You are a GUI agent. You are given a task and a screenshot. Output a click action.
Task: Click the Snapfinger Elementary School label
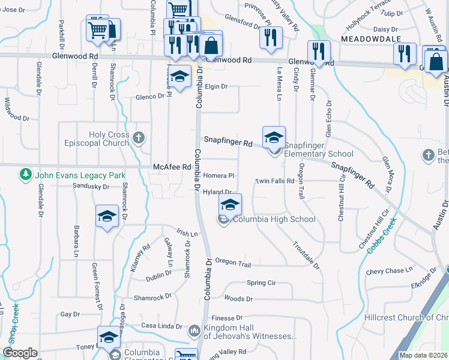pos(319,149)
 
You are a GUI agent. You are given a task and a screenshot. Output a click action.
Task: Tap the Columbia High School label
pos(274,219)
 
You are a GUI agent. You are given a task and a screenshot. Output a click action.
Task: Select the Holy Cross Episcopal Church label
pos(109,139)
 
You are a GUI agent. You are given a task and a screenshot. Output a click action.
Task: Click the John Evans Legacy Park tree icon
pos(25,175)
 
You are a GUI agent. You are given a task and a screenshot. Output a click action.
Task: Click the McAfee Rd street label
pos(172,167)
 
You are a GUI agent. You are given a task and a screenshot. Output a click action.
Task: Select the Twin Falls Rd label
pos(274,181)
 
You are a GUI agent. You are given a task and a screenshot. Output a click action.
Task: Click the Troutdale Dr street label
pos(306,254)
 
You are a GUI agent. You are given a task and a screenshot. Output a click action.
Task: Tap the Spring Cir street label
pos(261,283)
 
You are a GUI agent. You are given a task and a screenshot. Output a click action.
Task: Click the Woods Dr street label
pos(238,298)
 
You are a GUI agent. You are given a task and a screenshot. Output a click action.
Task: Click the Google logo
pos(20,353)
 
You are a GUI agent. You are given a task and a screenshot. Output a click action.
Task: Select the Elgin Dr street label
pos(216,86)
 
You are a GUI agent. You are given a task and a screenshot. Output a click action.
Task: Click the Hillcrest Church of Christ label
pos(406,317)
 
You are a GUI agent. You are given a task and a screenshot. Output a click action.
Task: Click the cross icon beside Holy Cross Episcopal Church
pos(139,139)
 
